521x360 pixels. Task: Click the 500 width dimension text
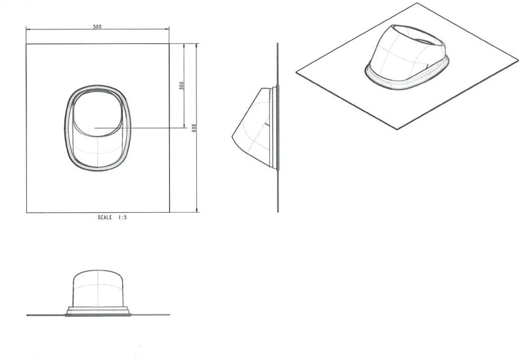point(97,27)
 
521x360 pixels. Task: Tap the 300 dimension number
point(181,86)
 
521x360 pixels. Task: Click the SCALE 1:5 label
point(112,218)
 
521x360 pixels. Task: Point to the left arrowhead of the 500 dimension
point(28,30)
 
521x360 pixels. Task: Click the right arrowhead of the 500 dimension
point(168,30)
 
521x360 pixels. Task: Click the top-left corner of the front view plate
point(26,44)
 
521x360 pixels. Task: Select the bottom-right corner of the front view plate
point(170,213)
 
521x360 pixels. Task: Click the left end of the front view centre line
point(94,128)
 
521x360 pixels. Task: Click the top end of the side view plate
point(277,44)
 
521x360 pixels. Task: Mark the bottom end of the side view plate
point(278,212)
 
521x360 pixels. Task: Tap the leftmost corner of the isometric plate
point(296,73)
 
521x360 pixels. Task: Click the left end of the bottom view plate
point(27,315)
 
